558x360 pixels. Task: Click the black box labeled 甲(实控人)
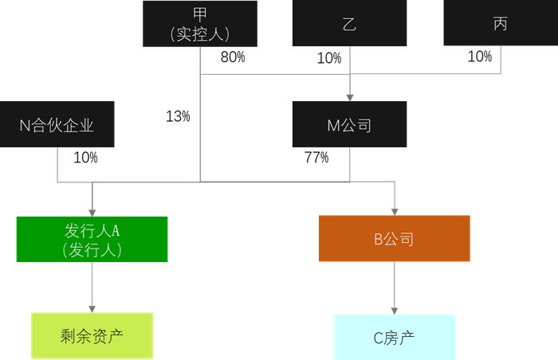point(199,23)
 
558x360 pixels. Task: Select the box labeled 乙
point(349,23)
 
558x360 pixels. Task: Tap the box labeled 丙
point(500,23)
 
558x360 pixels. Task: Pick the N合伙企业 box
point(57,124)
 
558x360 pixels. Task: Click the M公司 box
point(349,124)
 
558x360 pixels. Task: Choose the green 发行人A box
point(92,239)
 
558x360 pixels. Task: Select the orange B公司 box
point(395,239)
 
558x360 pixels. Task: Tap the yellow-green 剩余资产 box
point(92,335)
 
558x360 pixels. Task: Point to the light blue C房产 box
point(395,336)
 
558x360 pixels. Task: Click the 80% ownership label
point(232,57)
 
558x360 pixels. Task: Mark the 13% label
point(178,116)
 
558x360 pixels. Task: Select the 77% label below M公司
point(316,158)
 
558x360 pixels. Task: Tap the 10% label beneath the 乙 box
point(328,58)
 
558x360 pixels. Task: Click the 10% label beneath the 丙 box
point(479,57)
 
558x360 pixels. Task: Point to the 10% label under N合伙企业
point(85,158)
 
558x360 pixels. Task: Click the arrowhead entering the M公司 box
point(349,96)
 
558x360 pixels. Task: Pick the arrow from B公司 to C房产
point(395,288)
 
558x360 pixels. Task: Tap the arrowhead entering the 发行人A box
point(92,211)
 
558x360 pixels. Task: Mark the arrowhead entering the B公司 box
point(395,211)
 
